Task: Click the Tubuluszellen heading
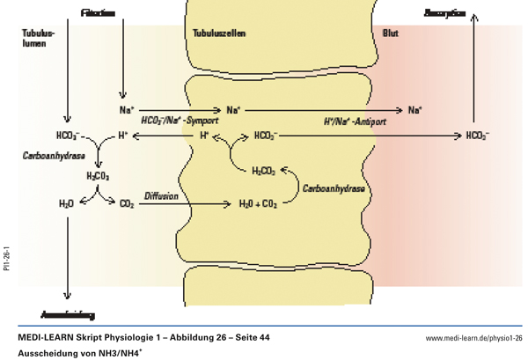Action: (x=219, y=33)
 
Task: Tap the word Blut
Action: (x=390, y=33)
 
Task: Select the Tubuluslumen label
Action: (x=38, y=37)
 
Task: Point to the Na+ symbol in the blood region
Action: (x=414, y=110)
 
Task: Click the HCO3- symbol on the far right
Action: (x=478, y=136)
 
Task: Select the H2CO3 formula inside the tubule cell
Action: (x=264, y=171)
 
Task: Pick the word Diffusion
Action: (x=162, y=195)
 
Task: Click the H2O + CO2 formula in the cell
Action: (x=259, y=204)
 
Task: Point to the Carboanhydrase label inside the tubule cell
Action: (x=334, y=187)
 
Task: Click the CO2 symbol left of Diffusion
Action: (x=127, y=204)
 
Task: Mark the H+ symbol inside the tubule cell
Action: (x=203, y=136)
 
